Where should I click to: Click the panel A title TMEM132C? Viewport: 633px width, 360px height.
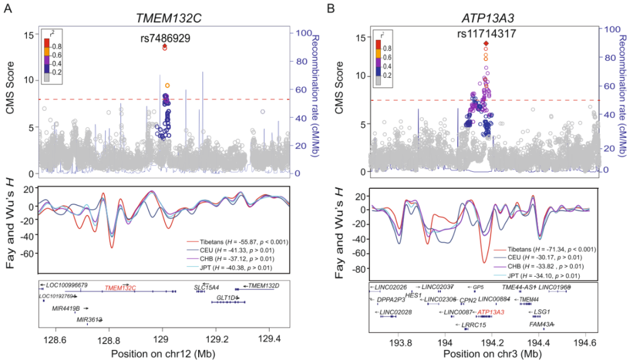165,18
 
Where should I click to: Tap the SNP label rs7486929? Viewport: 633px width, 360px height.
165,38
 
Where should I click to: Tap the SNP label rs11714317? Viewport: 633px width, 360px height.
486,33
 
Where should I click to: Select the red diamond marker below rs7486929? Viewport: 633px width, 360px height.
165,46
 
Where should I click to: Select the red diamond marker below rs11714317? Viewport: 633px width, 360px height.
485,43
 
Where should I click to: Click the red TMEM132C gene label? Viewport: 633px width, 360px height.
120,287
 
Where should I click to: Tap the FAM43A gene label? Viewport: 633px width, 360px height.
542,324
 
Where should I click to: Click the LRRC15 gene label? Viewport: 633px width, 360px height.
467,324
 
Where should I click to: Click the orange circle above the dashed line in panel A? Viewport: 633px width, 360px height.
167,86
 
